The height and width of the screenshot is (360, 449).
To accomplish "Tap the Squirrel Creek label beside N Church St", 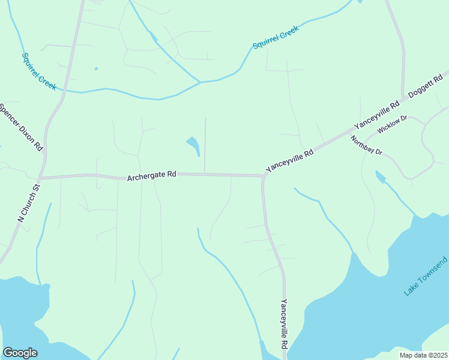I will [39, 71].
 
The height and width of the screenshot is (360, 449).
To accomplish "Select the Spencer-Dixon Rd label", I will [22, 127].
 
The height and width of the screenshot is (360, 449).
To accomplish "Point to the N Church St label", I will [28, 203].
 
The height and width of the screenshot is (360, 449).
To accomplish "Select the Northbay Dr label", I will [367, 146].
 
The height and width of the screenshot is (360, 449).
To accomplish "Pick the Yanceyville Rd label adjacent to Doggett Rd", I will [377, 115].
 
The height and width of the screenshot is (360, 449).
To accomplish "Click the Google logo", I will [20, 353].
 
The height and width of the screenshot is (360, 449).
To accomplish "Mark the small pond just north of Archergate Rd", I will [193, 145].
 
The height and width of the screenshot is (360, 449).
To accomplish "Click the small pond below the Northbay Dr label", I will [380, 176].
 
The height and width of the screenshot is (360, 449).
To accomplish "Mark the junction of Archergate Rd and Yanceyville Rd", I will [263, 176].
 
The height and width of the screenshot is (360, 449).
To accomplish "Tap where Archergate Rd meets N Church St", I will [40, 178].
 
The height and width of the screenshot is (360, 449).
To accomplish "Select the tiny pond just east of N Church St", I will [96, 68].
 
